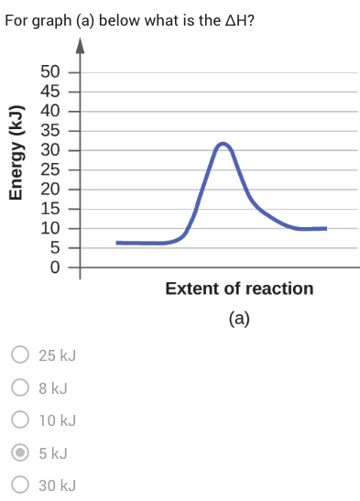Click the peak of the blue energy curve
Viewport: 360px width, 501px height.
(x=223, y=144)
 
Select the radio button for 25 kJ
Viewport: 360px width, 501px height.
(x=18, y=354)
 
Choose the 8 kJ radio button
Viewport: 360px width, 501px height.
(x=18, y=387)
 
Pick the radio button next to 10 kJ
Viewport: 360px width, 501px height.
(x=18, y=420)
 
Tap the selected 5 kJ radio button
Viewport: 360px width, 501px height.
(x=18, y=452)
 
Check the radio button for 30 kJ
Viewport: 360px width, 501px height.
(x=18, y=485)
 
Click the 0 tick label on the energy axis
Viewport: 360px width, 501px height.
(x=55, y=267)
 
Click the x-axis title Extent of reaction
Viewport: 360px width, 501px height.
(x=239, y=289)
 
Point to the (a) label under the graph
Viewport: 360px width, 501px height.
(x=239, y=319)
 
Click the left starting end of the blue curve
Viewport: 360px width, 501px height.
(x=118, y=243)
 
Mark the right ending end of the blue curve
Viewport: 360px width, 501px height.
(x=324, y=228)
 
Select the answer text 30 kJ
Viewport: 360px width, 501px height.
(x=57, y=485)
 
